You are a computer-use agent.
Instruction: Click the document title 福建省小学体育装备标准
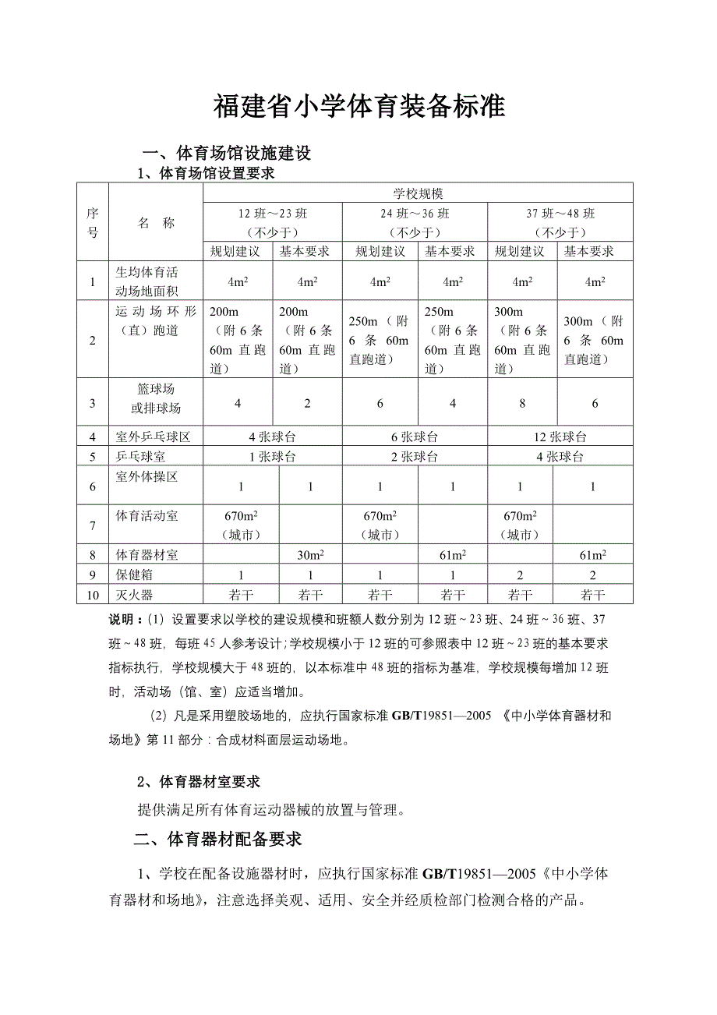coord(359,107)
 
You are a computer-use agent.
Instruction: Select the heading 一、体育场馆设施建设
coord(225,153)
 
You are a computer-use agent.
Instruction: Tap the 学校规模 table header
coord(418,193)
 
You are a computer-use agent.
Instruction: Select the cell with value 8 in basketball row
coord(522,403)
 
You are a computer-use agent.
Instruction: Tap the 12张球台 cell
coord(560,437)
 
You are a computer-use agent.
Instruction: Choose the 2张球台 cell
coord(415,457)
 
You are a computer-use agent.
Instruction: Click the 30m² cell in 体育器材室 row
coord(309,554)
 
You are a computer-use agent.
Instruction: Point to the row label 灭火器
coord(134,595)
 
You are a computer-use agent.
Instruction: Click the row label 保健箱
coord(134,575)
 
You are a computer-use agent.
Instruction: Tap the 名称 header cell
coord(156,223)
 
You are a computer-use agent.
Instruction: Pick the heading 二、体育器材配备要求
coord(217,840)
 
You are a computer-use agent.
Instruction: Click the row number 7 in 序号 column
coord(93,525)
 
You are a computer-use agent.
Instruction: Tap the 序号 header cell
coord(93,223)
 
